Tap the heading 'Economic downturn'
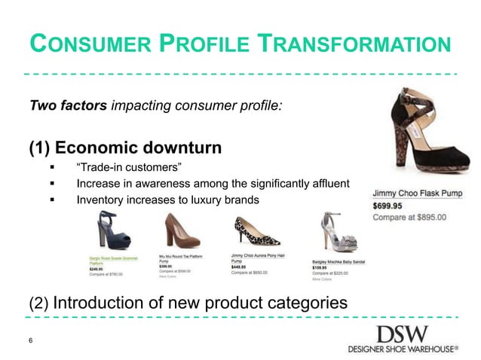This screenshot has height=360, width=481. [149, 146]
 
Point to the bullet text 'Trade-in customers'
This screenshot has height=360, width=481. [129, 166]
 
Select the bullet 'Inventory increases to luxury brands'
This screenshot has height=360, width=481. [167, 201]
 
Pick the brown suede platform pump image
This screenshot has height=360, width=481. [177, 232]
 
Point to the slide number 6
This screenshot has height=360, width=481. [30, 340]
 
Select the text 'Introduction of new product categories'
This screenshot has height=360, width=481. [200, 304]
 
